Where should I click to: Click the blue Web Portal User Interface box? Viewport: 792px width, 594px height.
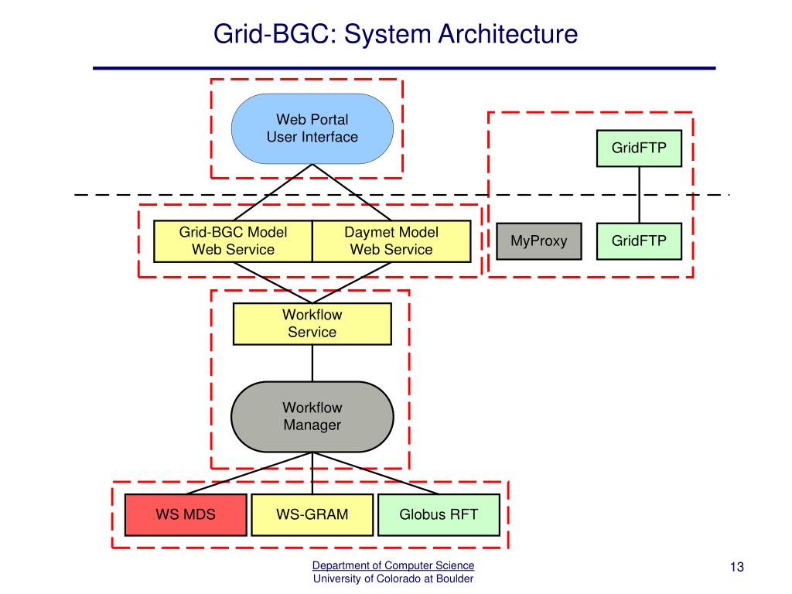point(312,128)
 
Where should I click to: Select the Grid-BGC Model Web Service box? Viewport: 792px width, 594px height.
point(233,241)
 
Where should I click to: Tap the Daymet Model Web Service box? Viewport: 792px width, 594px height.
point(391,241)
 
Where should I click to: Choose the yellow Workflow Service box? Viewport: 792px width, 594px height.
point(312,324)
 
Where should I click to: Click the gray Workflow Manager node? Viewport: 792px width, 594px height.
point(312,417)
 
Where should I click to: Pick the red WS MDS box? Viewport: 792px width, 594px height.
point(186,514)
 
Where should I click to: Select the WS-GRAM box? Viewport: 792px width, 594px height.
point(312,514)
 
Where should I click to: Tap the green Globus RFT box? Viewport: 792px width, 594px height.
point(439,514)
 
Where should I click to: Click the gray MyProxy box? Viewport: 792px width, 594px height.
point(539,241)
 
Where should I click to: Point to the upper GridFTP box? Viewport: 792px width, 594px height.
point(639,148)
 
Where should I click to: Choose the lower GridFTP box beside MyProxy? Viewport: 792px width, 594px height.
point(639,241)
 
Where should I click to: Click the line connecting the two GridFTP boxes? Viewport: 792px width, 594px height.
point(639,195)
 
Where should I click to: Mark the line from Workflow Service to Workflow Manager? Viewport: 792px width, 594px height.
point(312,364)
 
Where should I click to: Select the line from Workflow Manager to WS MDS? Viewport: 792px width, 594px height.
point(249,473)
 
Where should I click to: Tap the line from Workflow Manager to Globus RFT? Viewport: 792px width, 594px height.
point(376,473)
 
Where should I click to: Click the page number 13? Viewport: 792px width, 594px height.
point(737,567)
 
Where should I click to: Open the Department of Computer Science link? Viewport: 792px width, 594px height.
point(393,565)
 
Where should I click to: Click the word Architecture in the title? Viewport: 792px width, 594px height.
point(507,34)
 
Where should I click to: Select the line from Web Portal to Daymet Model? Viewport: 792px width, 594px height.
point(352,193)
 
